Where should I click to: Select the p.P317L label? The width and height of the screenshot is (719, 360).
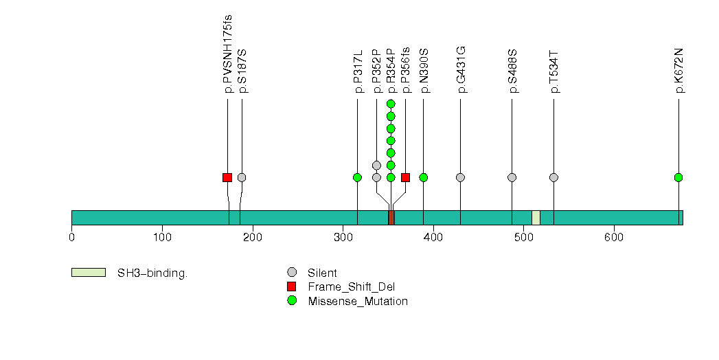357,71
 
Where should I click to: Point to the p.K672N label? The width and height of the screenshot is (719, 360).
678,70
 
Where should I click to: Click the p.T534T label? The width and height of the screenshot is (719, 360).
553,71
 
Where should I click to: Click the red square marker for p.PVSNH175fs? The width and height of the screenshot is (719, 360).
227,177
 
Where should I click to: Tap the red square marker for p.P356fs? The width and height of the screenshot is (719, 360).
405,177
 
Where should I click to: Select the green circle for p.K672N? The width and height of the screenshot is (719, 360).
678,177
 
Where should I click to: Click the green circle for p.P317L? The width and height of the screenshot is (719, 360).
357,177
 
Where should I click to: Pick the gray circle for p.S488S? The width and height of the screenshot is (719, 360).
512,177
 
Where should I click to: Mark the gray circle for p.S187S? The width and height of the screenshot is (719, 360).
242,177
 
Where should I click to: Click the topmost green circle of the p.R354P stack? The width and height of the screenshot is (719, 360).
391,104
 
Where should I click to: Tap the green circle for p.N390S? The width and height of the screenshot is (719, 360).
423,177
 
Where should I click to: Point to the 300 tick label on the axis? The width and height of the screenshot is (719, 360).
343,238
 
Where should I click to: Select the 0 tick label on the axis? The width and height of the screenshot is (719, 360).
71,238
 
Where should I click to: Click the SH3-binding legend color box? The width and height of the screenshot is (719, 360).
89,273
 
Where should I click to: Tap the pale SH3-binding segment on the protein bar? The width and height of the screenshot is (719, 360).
536,218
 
